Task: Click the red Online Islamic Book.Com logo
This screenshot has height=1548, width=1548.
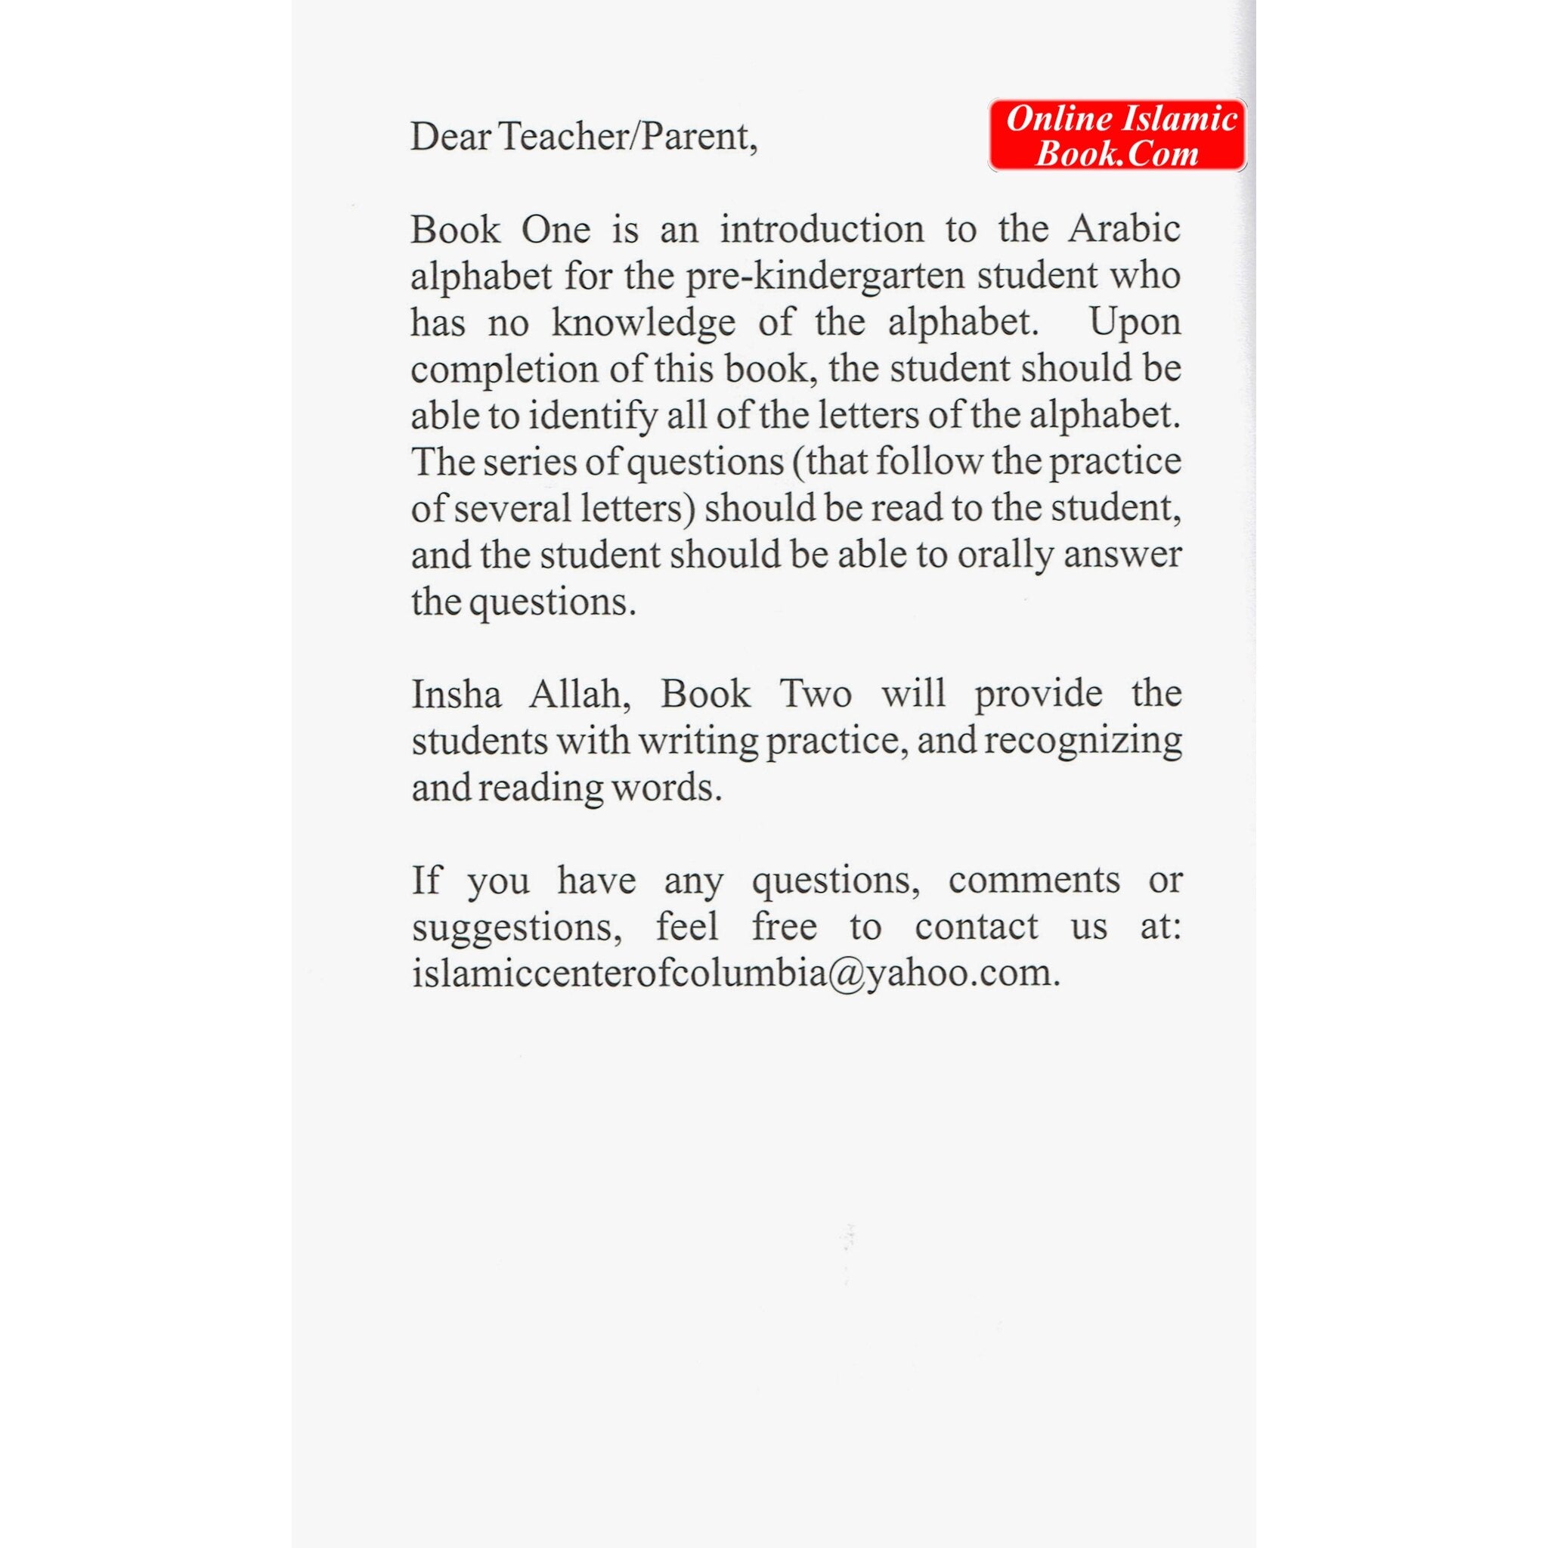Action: click(x=1117, y=135)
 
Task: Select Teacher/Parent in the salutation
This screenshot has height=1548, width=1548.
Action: click(x=627, y=137)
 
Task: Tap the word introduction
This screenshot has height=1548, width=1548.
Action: click(x=822, y=230)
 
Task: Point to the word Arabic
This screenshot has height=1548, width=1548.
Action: click(x=1124, y=230)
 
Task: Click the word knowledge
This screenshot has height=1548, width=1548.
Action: click(x=642, y=323)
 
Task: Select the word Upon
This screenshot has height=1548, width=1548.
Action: click(x=1135, y=323)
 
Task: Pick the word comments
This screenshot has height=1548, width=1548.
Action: click(x=1033, y=881)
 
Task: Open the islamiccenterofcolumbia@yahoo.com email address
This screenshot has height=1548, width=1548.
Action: click(x=735, y=974)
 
